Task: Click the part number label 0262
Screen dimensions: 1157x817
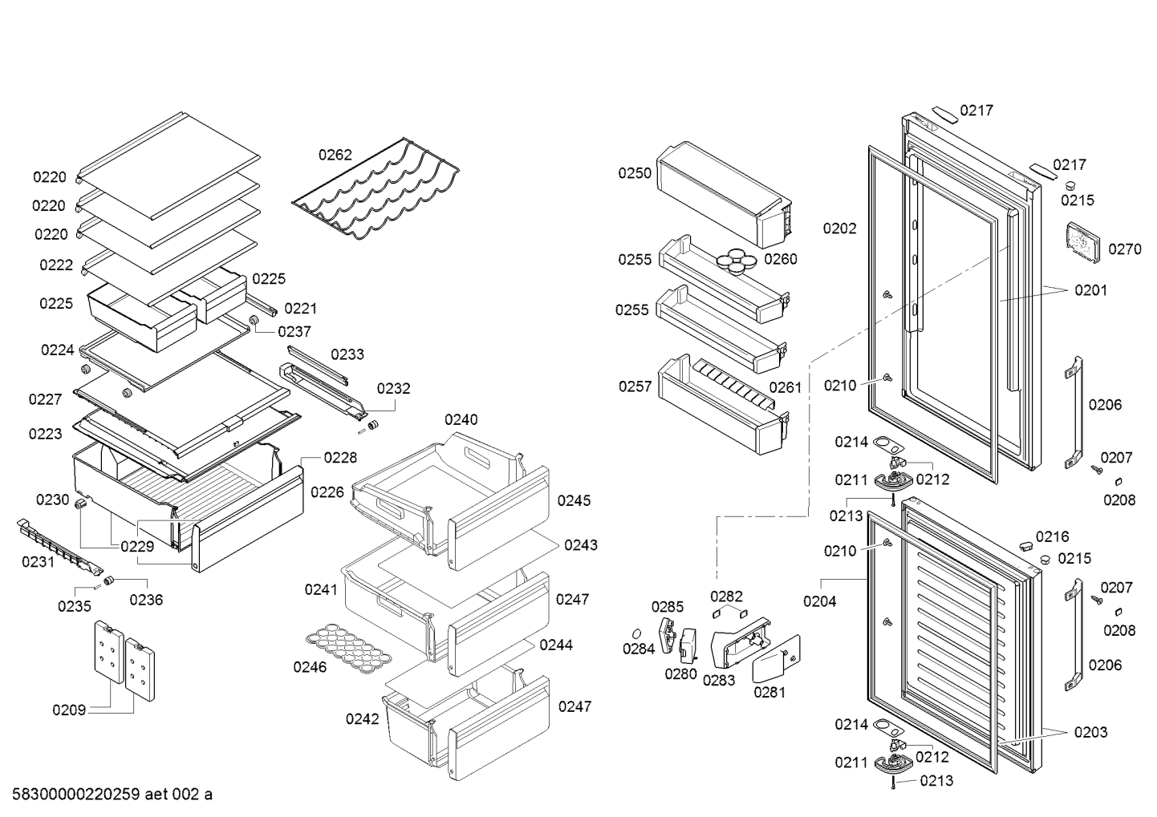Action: tap(335, 155)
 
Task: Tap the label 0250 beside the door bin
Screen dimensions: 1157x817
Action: tap(635, 173)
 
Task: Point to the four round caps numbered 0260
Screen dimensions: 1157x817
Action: tap(736, 260)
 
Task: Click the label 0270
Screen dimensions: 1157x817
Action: tap(1125, 250)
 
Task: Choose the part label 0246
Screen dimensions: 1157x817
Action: tap(310, 667)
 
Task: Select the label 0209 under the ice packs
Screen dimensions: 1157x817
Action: tap(69, 710)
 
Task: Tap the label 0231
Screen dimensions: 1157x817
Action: tap(38, 561)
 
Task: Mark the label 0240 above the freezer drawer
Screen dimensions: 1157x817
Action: tap(461, 419)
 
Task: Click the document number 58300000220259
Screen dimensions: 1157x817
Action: tap(76, 795)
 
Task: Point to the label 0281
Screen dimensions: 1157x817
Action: tap(769, 693)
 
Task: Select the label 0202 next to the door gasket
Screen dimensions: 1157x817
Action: tap(840, 229)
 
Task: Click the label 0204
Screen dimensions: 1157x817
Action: tap(820, 601)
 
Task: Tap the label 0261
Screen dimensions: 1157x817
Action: tap(785, 387)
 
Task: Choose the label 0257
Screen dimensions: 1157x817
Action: tap(635, 386)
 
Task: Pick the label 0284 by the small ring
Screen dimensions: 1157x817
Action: tap(639, 649)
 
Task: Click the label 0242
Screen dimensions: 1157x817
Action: tap(363, 719)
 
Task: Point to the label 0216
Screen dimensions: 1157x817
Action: tap(1052, 536)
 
